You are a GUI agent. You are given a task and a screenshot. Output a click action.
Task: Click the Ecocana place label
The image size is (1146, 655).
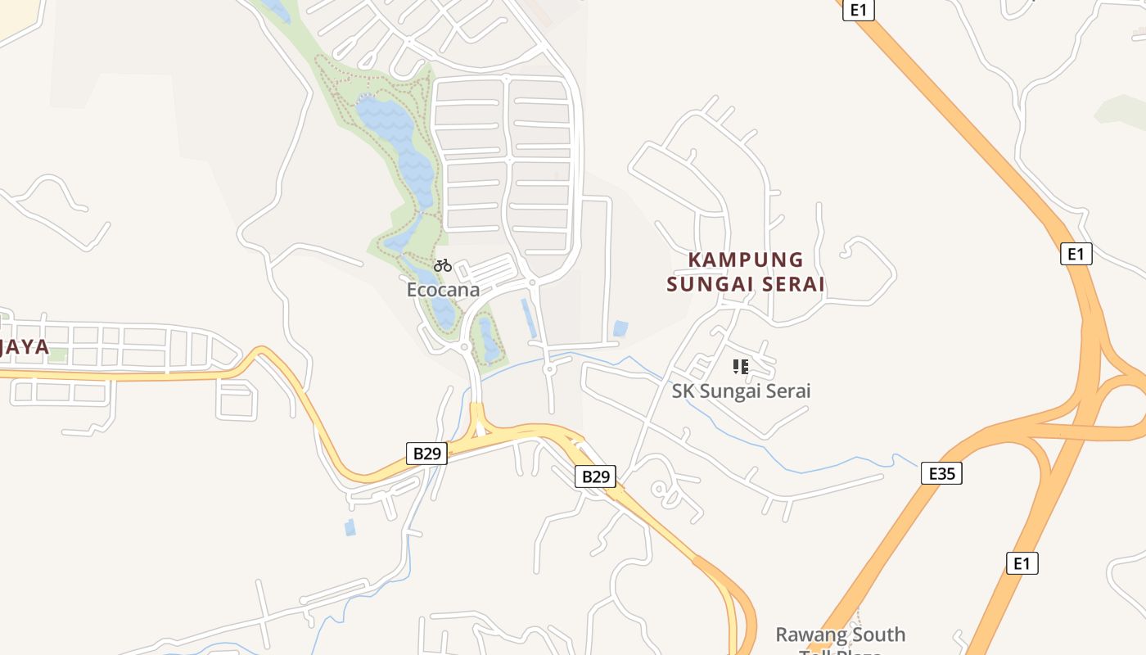tap(443, 290)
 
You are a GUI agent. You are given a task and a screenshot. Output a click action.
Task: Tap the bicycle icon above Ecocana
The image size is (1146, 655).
tap(443, 265)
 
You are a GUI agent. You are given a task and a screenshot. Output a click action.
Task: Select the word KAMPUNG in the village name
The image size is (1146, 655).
tap(746, 260)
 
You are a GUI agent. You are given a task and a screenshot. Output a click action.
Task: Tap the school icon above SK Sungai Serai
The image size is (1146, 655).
tap(741, 366)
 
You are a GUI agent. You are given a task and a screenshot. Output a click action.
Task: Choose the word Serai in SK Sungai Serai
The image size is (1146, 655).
tap(787, 391)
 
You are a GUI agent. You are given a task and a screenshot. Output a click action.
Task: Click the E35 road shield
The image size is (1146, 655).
tap(941, 473)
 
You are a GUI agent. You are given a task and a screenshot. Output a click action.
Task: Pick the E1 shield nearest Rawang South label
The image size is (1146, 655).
tap(1022, 563)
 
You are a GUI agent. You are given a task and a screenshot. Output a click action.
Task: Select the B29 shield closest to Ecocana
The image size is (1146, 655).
tap(426, 454)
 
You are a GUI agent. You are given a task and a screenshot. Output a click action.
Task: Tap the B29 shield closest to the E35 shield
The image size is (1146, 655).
tap(595, 477)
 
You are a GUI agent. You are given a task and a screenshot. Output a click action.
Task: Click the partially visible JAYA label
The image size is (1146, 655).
tap(25, 346)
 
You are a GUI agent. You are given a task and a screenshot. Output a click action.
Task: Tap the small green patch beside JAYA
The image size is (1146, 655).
tap(57, 355)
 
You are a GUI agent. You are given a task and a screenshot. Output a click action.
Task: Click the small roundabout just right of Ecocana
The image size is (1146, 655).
tap(532, 282)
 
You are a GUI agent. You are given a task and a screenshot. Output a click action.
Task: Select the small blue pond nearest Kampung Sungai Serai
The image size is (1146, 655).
tap(620, 328)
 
